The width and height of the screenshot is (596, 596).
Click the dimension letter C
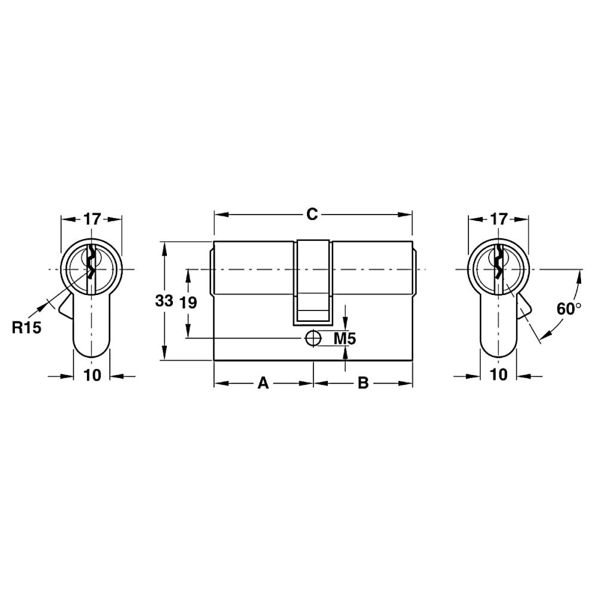312,215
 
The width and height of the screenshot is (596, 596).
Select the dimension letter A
263,383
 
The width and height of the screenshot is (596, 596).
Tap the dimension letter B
364,383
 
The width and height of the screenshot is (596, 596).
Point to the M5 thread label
344,338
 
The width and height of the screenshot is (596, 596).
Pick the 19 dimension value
188,303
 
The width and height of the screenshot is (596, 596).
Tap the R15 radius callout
26,327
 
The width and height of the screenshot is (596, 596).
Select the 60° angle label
569,308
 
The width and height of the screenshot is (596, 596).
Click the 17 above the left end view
92,219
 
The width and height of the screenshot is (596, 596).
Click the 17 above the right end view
499,219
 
